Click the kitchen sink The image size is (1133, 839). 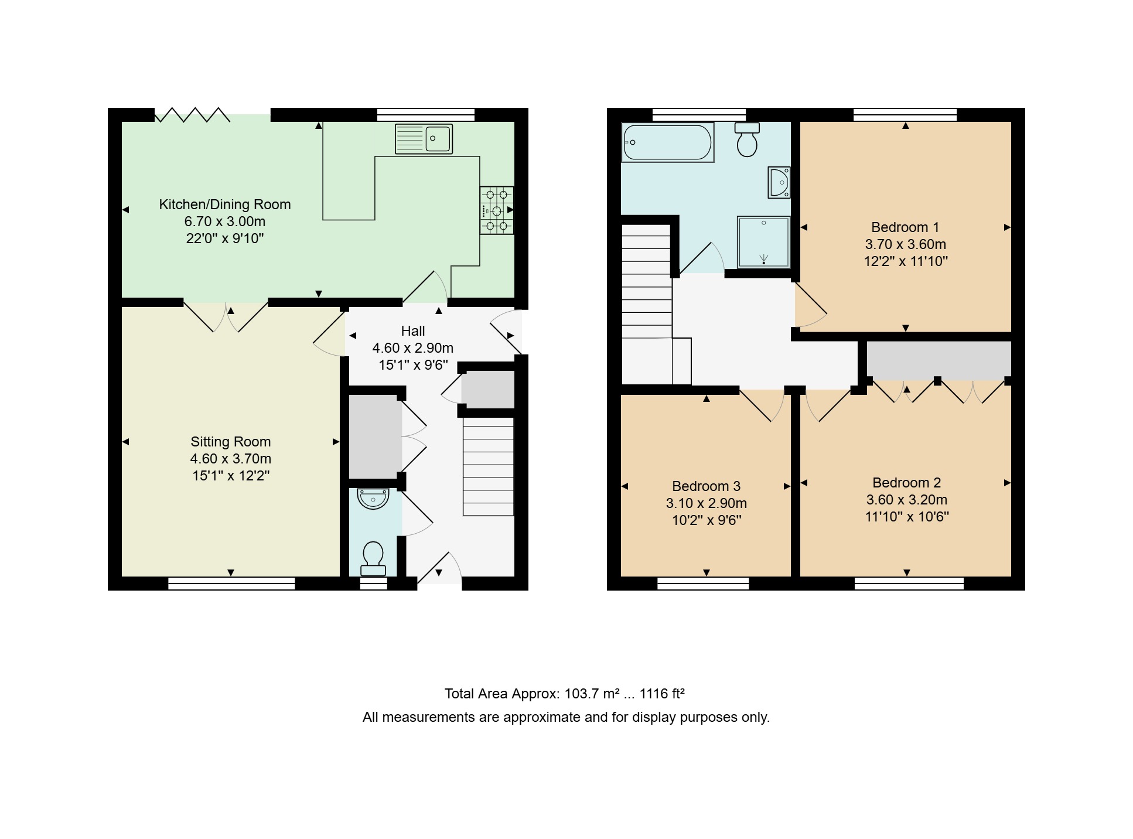coord(424,139)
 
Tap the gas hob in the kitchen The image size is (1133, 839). coord(497,210)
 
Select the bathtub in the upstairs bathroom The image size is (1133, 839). coord(668,142)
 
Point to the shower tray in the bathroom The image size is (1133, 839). coord(764,242)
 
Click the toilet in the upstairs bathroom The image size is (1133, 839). coord(747,139)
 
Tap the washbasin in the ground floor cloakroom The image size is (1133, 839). coord(373,499)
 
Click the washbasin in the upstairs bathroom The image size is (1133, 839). coord(779,182)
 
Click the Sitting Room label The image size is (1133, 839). coord(231,442)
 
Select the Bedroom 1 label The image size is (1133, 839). coord(905,227)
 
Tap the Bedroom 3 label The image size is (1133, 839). coord(706,486)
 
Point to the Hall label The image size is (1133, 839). coord(413,331)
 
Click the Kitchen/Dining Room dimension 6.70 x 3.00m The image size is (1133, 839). coord(225,221)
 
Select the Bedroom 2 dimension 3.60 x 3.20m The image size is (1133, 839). coord(907,500)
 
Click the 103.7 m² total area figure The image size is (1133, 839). coord(592,694)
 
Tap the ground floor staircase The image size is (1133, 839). coord(489,466)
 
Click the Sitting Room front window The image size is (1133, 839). coord(231,584)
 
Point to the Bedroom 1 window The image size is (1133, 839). coord(905,114)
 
